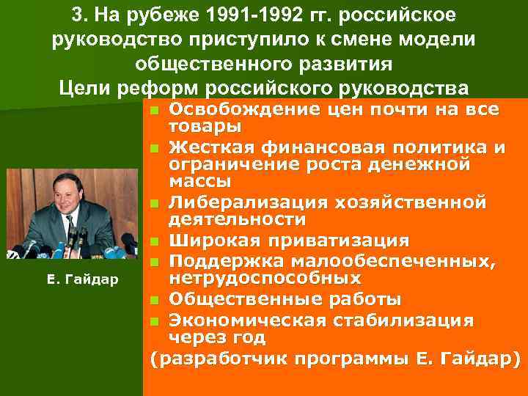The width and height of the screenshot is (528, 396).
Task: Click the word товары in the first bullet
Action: pyautogui.click(x=195, y=126)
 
